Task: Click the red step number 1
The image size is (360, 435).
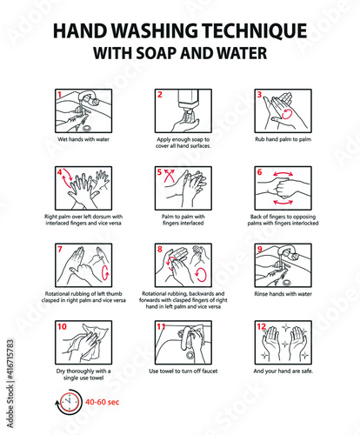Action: pos(58,93)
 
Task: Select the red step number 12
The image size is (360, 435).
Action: pos(262,326)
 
